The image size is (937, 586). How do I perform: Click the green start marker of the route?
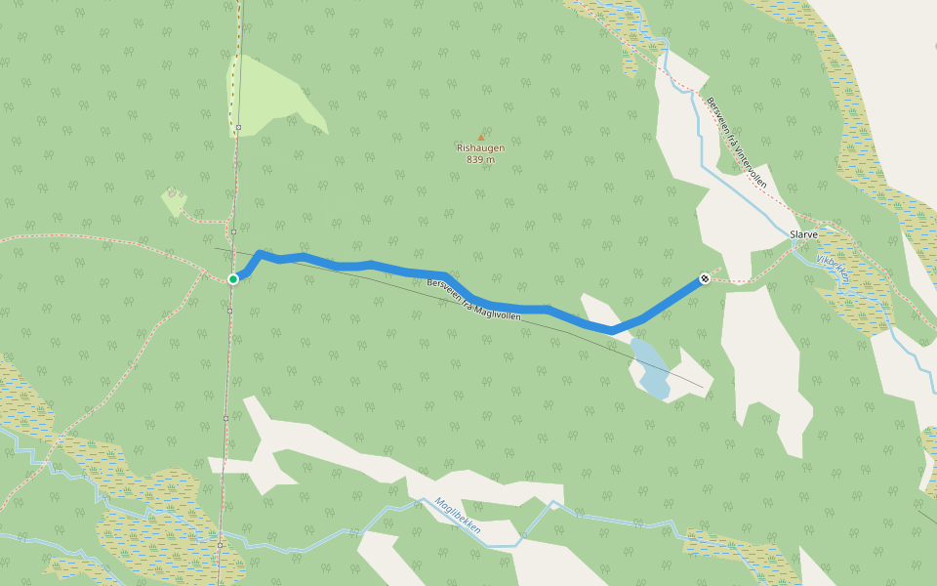coord(233,279)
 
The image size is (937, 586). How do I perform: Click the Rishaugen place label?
coord(480,148)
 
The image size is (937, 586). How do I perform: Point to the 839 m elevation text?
coord(480,159)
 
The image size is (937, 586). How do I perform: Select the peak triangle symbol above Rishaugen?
coord(480,137)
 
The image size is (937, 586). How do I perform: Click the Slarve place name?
coord(802,234)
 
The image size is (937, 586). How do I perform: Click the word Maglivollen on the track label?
coord(500,313)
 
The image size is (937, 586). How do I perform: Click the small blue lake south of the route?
coord(649,368)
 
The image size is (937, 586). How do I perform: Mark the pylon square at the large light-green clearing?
coord(238,127)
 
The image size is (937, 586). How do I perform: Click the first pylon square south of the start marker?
coord(229,311)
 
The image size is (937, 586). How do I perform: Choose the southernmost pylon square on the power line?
coord(222,544)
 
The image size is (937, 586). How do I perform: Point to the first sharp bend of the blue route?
coord(260,254)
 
